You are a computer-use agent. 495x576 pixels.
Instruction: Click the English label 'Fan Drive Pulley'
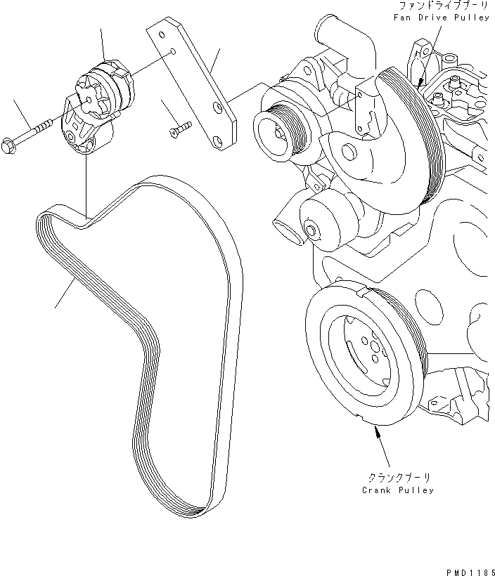pos(441,18)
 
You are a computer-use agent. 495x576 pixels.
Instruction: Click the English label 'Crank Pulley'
pos(398,490)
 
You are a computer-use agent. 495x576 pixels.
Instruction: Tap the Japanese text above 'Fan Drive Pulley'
pos(444,6)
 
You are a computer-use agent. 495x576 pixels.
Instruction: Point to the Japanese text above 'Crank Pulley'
pos(399,478)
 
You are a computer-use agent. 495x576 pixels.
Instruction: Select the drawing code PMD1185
pos(470,572)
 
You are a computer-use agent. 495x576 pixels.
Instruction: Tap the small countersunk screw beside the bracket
pos(181,129)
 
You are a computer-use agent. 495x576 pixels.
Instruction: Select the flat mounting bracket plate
pos(191,84)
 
